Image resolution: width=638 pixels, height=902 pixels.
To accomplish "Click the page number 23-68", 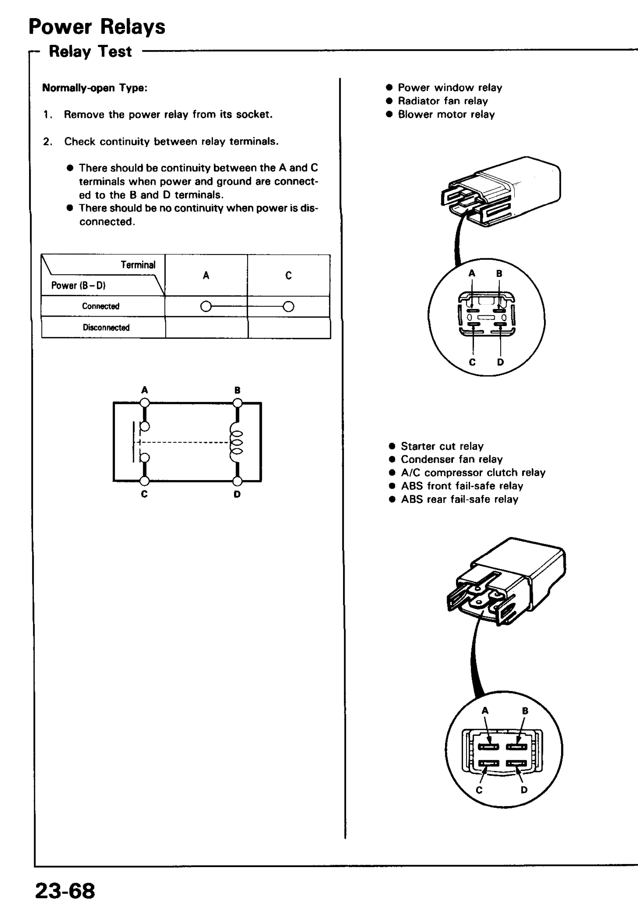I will tap(65, 890).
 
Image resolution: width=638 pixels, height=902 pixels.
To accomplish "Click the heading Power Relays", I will tap(97, 27).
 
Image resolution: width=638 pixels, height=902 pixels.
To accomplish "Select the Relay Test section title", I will tap(90, 52).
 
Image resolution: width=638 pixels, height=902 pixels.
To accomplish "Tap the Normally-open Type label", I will tap(95, 88).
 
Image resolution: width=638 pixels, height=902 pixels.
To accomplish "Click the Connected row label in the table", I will tap(101, 306).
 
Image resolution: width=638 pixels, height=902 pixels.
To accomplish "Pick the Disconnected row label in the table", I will tap(106, 327).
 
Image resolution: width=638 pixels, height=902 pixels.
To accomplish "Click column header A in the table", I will tap(206, 275).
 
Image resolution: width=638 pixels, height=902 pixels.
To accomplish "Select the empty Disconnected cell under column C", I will tap(289, 327).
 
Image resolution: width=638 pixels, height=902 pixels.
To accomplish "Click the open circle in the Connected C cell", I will tap(288, 306).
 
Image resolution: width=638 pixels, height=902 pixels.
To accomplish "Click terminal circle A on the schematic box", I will tap(145, 402).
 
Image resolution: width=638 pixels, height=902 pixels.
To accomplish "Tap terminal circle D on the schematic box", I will tap(237, 481).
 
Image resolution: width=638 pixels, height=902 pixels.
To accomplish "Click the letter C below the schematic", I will tap(144, 494).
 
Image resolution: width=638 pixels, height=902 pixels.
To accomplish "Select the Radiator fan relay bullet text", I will tap(443, 101).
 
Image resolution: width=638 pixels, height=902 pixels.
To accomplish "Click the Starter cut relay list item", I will tap(442, 446).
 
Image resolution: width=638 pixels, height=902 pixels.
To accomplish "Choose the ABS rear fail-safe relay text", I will tap(459, 500).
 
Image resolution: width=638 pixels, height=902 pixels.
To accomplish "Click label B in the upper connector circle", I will tap(499, 273).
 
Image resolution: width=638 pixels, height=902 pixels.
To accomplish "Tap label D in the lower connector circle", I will tap(524, 790).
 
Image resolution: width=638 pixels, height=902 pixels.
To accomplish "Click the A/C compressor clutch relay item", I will tap(473, 473).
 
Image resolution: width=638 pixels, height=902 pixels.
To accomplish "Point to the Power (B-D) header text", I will tap(78, 285).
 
